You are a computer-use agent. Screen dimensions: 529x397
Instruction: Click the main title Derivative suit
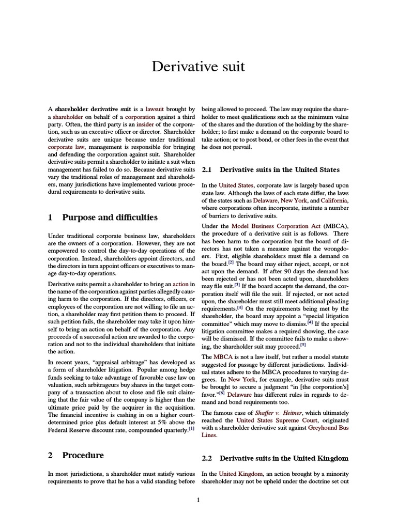point(198,67)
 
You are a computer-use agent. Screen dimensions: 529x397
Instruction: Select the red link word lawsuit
point(157,109)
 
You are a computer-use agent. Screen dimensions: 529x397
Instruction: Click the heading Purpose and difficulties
point(110,217)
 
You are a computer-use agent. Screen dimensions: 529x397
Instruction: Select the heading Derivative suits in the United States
point(280,169)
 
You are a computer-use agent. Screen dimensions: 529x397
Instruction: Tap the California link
point(334,200)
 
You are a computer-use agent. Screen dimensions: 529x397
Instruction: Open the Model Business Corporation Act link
point(276,226)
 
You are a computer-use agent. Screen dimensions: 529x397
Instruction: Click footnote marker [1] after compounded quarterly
point(192,413)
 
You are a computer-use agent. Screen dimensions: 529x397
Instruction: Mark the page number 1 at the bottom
point(198,500)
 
